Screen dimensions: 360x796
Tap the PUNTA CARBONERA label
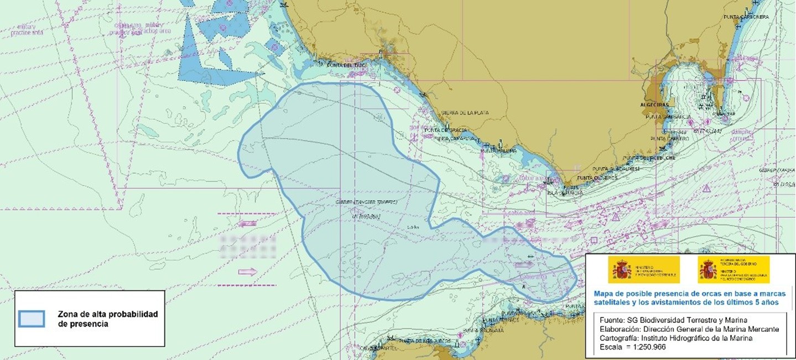746,17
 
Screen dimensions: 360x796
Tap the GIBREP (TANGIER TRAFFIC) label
366,202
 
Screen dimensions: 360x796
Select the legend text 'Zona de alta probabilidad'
108,314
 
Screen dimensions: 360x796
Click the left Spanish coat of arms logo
621,269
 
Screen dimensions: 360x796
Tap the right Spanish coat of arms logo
707,269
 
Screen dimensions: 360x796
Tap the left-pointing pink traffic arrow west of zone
247,224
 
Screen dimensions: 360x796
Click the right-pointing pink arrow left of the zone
247,272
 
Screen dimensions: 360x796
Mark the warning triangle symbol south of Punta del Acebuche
706,189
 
